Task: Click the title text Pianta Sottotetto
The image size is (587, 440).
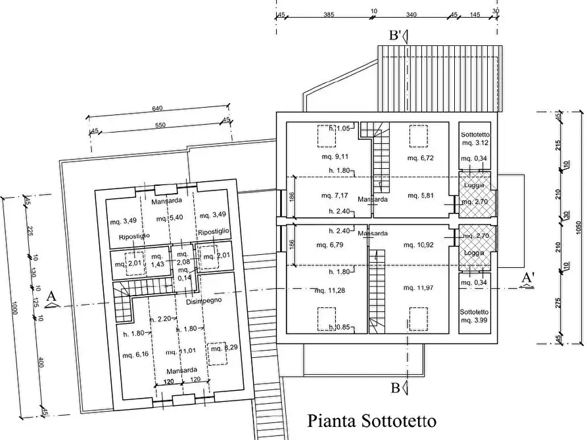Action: point(371,420)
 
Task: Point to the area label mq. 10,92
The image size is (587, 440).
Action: point(419,245)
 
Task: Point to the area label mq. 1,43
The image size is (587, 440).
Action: point(157,259)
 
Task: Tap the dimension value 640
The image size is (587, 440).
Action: point(157,109)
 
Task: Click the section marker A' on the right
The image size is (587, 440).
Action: point(527,278)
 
